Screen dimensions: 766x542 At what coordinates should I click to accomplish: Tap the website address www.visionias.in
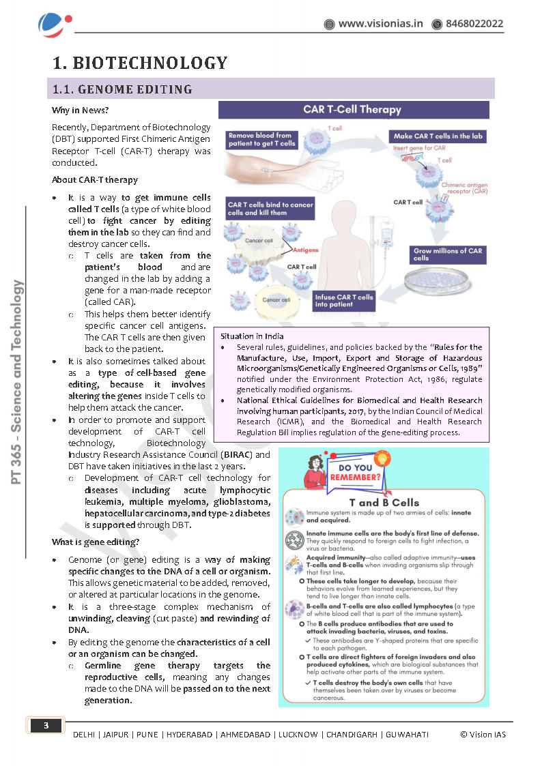coord(380,24)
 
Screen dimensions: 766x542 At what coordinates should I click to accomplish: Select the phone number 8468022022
coord(474,24)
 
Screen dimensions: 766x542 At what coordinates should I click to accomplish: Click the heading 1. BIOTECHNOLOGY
coord(140,63)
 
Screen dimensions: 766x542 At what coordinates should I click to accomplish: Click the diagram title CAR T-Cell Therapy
coord(352,109)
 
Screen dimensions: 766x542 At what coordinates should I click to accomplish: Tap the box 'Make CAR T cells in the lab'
coord(439,136)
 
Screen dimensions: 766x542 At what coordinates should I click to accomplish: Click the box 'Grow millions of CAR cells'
coord(448,254)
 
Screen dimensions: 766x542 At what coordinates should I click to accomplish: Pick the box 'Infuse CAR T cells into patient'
coord(345,301)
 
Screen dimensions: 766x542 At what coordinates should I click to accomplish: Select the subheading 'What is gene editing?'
coord(96,542)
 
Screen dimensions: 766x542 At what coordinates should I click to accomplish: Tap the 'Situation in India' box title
coord(252,336)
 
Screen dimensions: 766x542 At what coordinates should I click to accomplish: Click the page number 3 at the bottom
coord(46,725)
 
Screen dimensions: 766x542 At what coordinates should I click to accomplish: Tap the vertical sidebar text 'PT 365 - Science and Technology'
coord(18,382)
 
